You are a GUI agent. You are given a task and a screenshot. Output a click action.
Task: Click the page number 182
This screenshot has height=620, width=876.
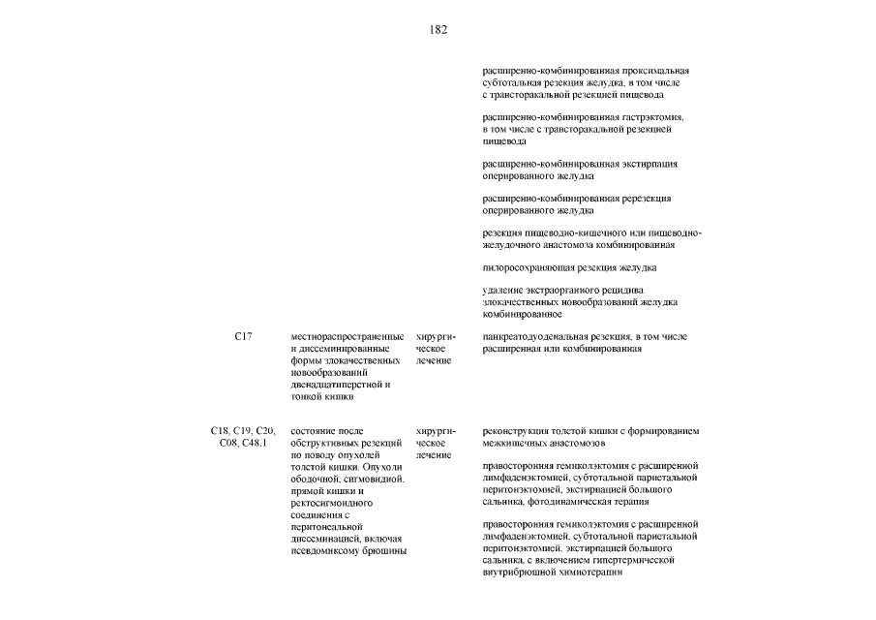(x=438, y=29)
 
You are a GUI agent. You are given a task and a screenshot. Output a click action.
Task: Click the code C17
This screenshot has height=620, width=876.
(x=243, y=336)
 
